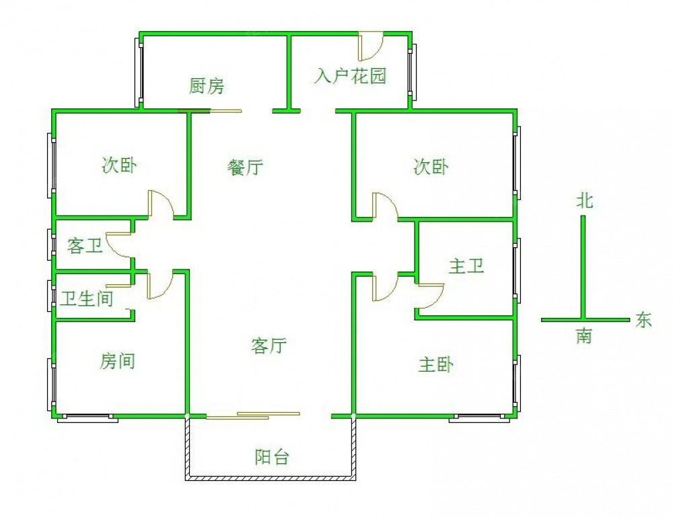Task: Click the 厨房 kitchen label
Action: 207,86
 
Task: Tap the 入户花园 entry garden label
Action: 350,76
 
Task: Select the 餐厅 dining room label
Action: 245,166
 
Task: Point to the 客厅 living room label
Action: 269,346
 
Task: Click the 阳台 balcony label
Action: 272,457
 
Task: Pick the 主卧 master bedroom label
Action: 435,364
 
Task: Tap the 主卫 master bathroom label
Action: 466,266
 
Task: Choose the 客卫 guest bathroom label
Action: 85,246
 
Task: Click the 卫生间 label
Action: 87,298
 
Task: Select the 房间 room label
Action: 117,361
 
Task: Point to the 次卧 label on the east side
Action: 431,166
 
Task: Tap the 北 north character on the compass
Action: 585,200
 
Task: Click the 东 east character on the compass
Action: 643,320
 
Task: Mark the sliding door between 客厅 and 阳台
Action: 253,416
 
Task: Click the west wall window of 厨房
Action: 139,72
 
